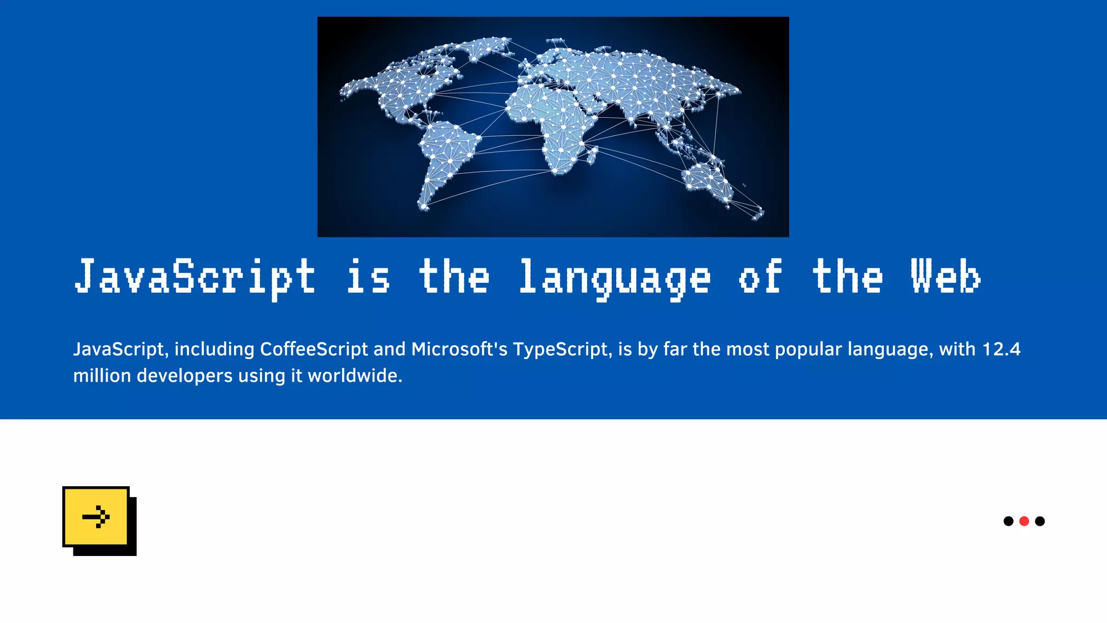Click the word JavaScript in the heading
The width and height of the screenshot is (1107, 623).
[x=195, y=277]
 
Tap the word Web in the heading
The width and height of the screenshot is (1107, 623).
[x=946, y=277]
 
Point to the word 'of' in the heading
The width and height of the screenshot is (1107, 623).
[x=760, y=277]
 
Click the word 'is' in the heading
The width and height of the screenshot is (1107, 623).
[x=368, y=277]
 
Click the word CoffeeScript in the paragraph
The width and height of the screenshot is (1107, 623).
[x=314, y=349]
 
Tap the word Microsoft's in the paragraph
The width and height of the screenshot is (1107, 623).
[x=459, y=349]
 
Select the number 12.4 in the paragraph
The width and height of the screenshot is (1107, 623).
[x=1001, y=349]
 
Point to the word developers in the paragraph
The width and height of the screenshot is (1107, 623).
[x=184, y=376]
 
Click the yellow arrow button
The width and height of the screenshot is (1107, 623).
[x=96, y=516]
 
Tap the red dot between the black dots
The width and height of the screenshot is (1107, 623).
[x=1024, y=521]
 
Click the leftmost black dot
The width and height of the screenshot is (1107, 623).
[x=1008, y=521]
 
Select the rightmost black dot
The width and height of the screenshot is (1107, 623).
[x=1039, y=521]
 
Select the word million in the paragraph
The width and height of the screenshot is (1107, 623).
[x=102, y=376]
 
